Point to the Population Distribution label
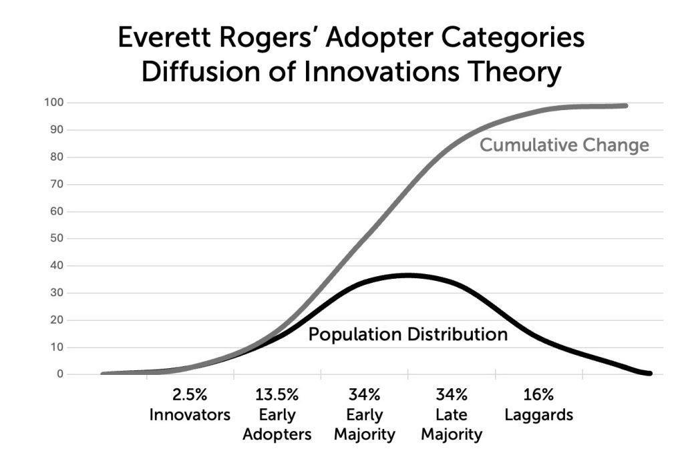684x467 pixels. click(x=407, y=334)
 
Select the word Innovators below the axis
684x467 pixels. click(x=190, y=415)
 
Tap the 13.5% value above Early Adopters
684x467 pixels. click(x=277, y=395)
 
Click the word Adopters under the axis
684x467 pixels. click(x=277, y=435)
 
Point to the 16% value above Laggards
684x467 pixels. click(x=538, y=395)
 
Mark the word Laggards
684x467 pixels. click(x=538, y=415)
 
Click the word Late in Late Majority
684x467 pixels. click(x=452, y=415)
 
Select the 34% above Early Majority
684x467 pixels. click(x=364, y=395)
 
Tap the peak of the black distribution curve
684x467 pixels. click(x=407, y=275)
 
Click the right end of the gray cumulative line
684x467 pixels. click(x=625, y=105)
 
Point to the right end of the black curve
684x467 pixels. click(x=649, y=374)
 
